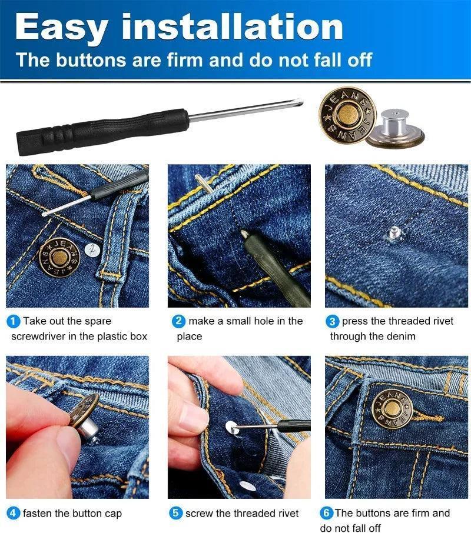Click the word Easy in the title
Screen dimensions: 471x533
coord(61,28)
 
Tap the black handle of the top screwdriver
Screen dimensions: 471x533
coord(102,132)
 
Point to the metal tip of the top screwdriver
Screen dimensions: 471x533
coord(298,102)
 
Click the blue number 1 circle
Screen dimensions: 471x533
coord(14,322)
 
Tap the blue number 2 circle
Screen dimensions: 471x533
coord(178,322)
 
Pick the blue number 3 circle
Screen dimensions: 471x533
coord(332,322)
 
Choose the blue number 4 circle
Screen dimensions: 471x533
coord(14,513)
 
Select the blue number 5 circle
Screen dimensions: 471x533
coord(176,513)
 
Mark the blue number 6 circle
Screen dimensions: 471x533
coord(327,513)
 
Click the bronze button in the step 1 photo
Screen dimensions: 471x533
coord(59,257)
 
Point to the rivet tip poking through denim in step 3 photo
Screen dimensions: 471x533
coord(395,234)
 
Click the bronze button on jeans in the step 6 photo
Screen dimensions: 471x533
coord(392,409)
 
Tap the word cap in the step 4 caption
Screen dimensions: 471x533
coord(113,514)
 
